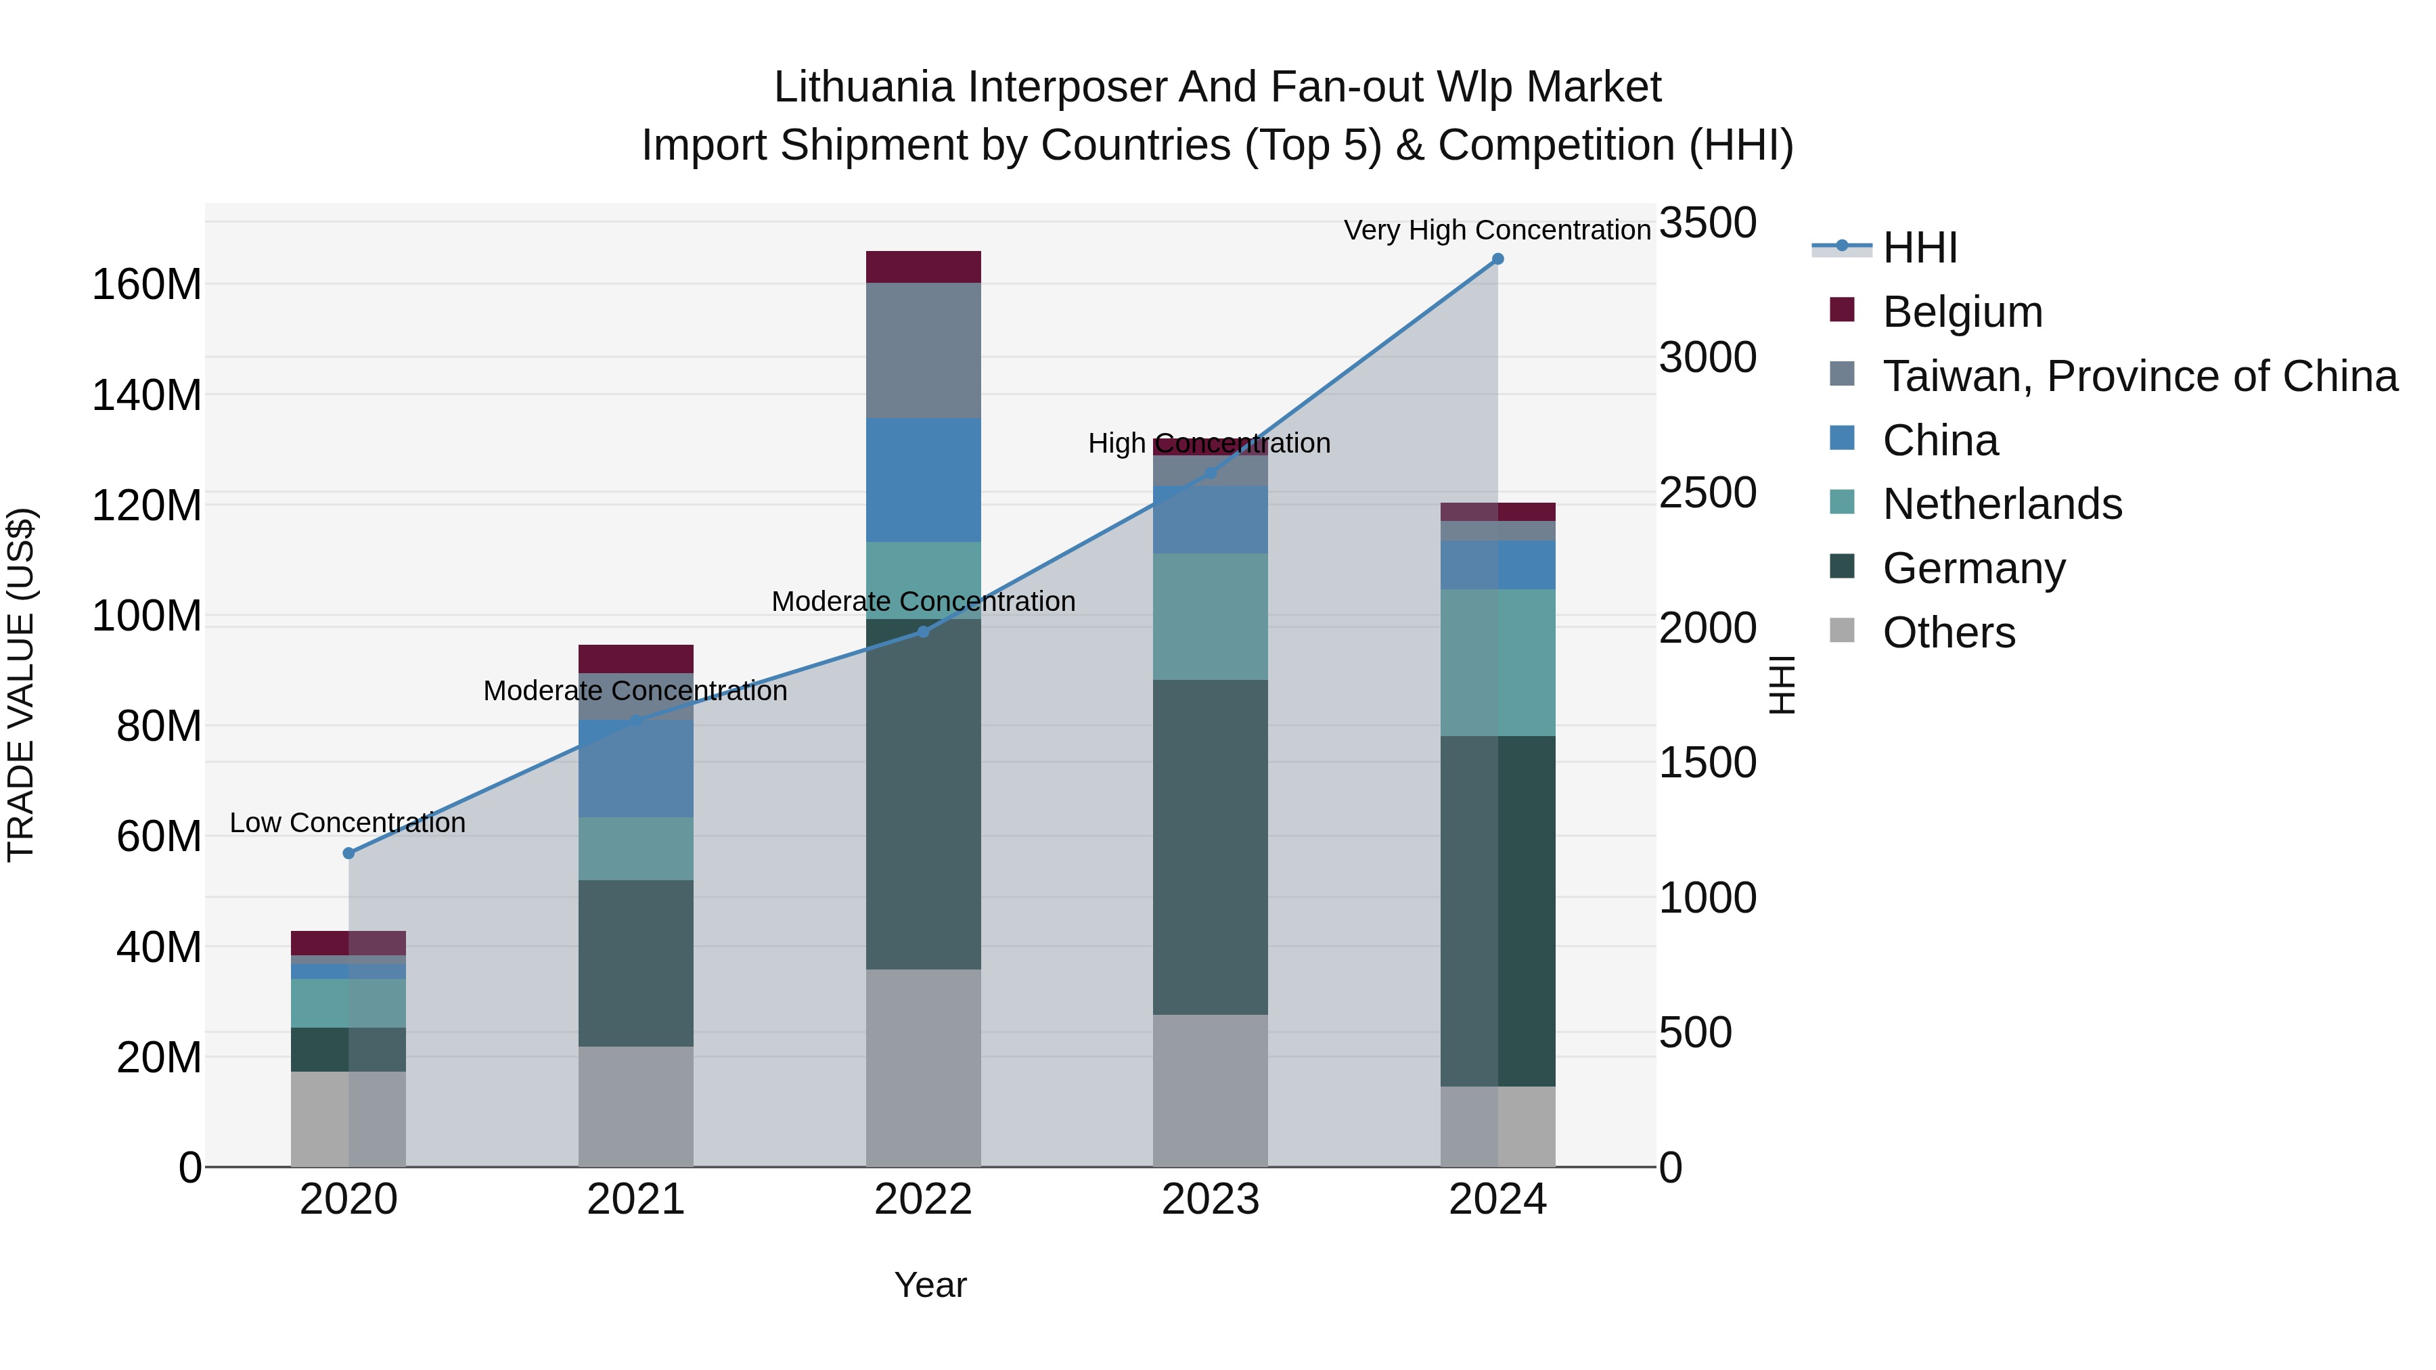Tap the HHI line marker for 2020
tap(349, 853)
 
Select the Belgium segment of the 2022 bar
tap(923, 267)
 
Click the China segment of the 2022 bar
tap(923, 480)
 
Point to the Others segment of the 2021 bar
tap(635, 1105)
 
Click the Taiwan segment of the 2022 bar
tap(923, 350)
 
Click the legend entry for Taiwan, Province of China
tap(2139, 376)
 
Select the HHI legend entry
tap(1919, 248)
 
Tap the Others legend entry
tap(1948, 633)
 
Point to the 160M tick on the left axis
tap(147, 285)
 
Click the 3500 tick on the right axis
tap(1707, 224)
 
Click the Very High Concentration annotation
tap(1496, 230)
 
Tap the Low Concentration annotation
tap(347, 823)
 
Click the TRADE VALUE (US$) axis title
tap(21, 685)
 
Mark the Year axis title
tap(930, 1285)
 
